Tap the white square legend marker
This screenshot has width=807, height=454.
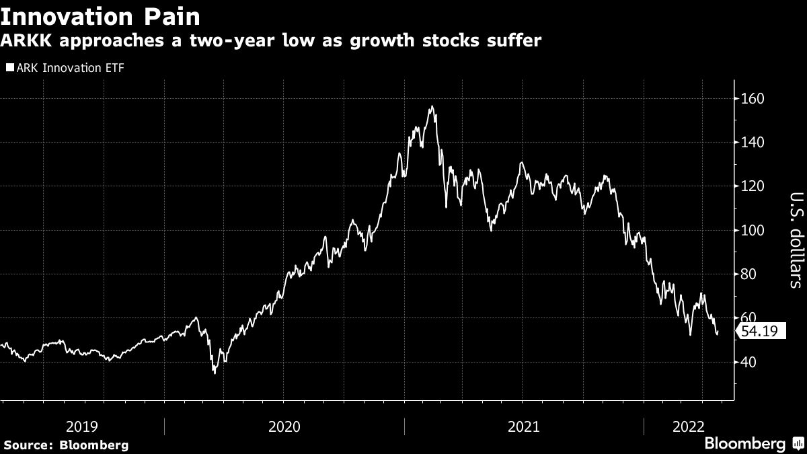point(9,67)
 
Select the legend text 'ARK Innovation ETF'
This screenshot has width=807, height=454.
point(70,67)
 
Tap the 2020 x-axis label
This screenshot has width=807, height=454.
point(284,426)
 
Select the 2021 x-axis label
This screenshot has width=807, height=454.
point(525,426)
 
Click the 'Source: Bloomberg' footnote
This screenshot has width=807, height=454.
point(65,445)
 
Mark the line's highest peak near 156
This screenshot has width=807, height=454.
point(431,106)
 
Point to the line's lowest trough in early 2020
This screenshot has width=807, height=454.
point(215,373)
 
